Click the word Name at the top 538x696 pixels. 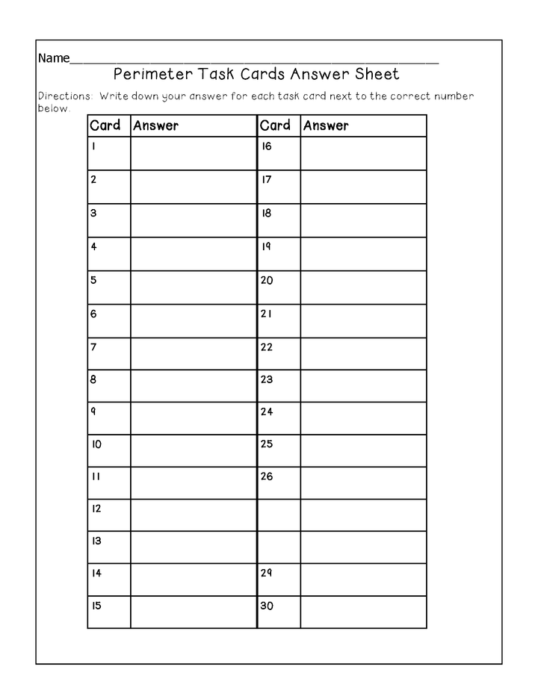click(53, 58)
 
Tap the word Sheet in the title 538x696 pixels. click(377, 74)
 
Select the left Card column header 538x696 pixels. click(105, 125)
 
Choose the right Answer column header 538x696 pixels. click(326, 125)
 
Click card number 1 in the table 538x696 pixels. click(93, 146)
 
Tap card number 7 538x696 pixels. click(93, 347)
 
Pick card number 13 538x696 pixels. click(96, 541)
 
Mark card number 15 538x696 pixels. click(96, 606)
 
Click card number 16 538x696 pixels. click(266, 146)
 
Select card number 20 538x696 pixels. click(267, 281)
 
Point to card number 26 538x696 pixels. click(267, 476)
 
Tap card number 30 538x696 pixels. click(267, 606)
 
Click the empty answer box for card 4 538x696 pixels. click(194, 254)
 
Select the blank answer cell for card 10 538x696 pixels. click(194, 450)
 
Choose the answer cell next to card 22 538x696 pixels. click(363, 353)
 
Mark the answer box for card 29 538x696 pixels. click(363, 580)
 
